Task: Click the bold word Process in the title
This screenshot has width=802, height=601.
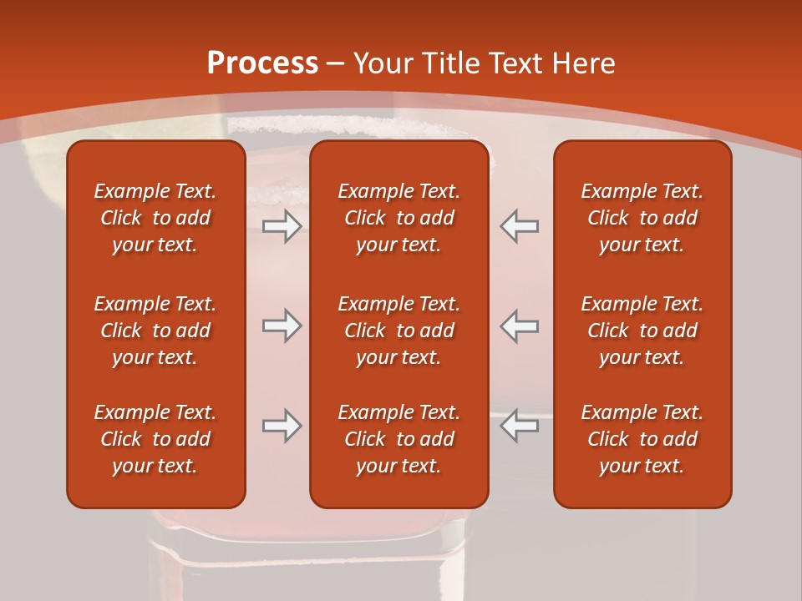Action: [x=262, y=63]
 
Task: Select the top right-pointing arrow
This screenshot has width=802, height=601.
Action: [x=282, y=226]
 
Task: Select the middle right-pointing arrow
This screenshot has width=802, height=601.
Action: [x=282, y=326]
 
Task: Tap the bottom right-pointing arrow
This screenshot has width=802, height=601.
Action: [x=282, y=426]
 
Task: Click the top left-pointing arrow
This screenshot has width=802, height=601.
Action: [x=519, y=226]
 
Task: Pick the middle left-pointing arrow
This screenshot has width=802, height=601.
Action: [x=519, y=326]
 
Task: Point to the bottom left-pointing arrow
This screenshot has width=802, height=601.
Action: [x=519, y=426]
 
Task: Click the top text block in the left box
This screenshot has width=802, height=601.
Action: [x=155, y=218]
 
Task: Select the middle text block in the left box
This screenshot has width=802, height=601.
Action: [x=155, y=331]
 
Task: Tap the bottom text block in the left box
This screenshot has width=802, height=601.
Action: [x=155, y=439]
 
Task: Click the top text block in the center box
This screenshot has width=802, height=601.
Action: [x=398, y=218]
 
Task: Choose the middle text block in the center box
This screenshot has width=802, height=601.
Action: [x=398, y=331]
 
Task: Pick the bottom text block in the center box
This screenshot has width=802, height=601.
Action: [x=398, y=439]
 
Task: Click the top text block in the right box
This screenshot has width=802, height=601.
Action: [x=642, y=218]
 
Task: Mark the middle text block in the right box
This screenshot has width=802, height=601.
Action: [x=642, y=331]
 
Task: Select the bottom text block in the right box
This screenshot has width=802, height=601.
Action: [x=642, y=439]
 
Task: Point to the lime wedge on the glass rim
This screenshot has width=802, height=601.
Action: [x=42, y=154]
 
